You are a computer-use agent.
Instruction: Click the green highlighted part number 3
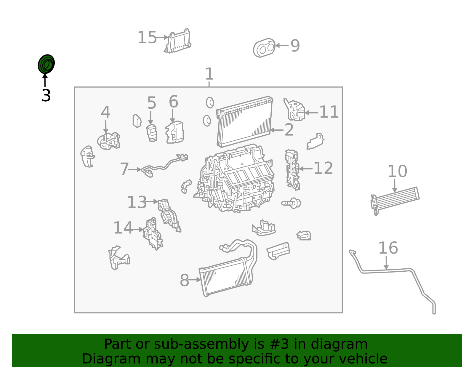46,64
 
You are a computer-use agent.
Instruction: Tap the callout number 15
147,38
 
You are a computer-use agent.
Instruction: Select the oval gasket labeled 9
264,48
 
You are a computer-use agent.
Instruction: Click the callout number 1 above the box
209,74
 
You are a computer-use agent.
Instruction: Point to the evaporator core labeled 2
244,121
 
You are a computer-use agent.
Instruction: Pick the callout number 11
329,112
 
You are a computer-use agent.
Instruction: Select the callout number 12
323,168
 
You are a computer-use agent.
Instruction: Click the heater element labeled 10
395,200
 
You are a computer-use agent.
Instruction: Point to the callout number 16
388,248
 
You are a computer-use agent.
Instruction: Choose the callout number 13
137,202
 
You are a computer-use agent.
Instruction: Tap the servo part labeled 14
153,234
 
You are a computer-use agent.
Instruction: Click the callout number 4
106,112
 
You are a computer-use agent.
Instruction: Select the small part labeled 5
152,133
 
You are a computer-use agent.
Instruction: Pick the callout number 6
173,102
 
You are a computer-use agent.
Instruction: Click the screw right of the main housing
292,203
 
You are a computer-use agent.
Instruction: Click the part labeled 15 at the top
178,41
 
